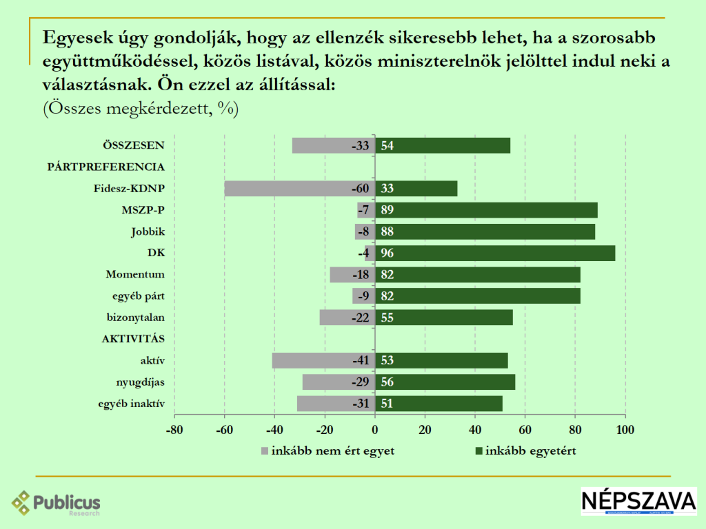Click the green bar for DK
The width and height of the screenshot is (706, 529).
click(495, 253)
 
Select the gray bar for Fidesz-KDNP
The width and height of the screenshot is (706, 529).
click(300, 189)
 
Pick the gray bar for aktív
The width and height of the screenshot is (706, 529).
click(323, 360)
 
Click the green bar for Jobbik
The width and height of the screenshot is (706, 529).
click(485, 231)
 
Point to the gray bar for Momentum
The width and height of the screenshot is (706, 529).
click(352, 275)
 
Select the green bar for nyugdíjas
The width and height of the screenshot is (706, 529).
click(445, 382)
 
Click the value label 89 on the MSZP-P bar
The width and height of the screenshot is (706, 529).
click(387, 210)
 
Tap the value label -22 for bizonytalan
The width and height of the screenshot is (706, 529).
click(360, 318)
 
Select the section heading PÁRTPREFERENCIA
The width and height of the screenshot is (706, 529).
click(105, 167)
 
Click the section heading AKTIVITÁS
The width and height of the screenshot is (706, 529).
click(133, 339)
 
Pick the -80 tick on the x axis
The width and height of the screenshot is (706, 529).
click(174, 431)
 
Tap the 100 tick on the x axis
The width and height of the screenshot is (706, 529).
click(625, 431)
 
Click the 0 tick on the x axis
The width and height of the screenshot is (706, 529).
click(375, 431)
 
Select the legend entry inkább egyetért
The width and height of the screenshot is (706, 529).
click(525, 451)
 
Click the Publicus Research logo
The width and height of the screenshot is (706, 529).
click(56, 504)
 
